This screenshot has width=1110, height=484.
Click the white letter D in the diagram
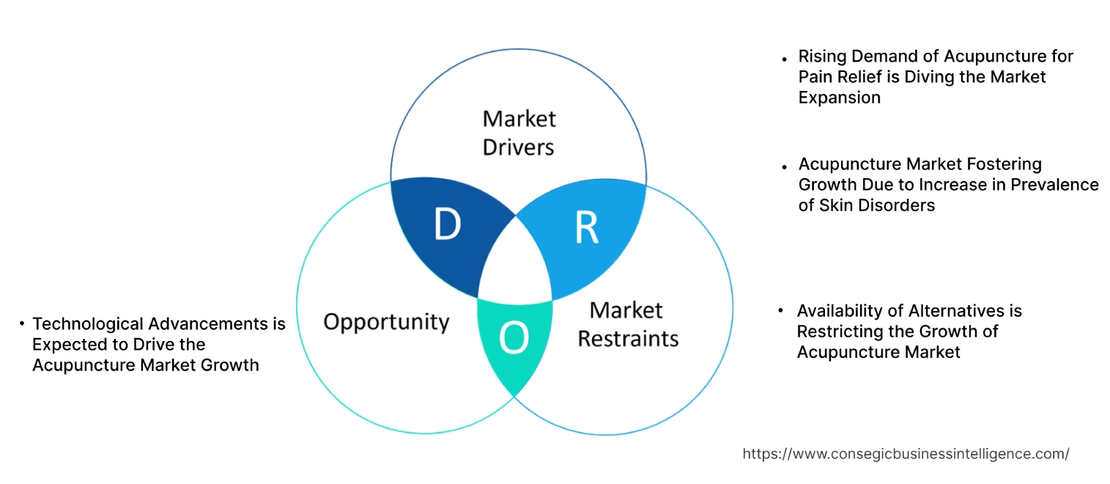[448, 225]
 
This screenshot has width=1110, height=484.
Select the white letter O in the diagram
[513, 339]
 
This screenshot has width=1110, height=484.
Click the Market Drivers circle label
[519, 133]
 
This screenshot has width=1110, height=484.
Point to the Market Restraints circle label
[628, 324]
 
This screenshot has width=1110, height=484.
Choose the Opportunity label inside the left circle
[386, 322]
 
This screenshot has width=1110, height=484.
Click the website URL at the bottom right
[906, 454]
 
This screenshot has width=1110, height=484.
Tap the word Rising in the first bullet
[821, 56]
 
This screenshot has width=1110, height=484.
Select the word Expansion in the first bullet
[840, 98]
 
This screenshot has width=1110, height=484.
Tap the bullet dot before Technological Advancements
[23, 323]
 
